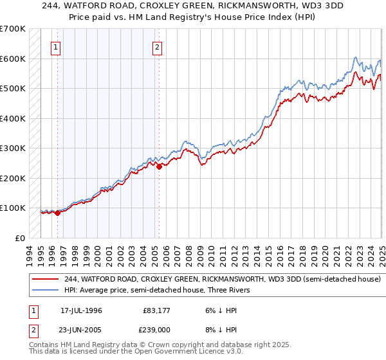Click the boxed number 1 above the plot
click(x=55, y=46)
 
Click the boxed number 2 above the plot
click(x=157, y=46)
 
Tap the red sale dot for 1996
click(x=57, y=213)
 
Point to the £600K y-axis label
click(x=12, y=59)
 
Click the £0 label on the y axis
click(x=20, y=238)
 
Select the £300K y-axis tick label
click(x=12, y=148)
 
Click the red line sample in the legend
click(x=46, y=280)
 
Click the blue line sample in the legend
click(x=46, y=291)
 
